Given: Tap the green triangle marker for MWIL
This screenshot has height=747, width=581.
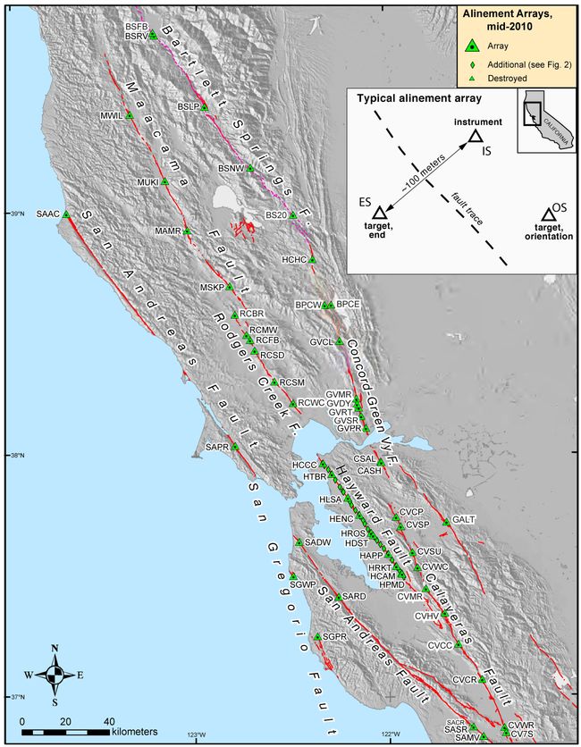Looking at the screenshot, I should coord(129,116).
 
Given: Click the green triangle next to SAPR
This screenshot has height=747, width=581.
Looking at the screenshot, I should coord(236,447).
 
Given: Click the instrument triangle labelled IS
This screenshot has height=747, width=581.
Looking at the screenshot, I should coord(476,136).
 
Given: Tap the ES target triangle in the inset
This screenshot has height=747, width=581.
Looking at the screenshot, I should coord(379,213).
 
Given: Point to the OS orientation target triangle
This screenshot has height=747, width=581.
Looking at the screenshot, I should coord(546,215).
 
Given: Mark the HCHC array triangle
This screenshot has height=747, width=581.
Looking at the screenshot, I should coord(313,260).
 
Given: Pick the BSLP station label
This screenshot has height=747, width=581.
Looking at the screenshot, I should coord(188,106).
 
